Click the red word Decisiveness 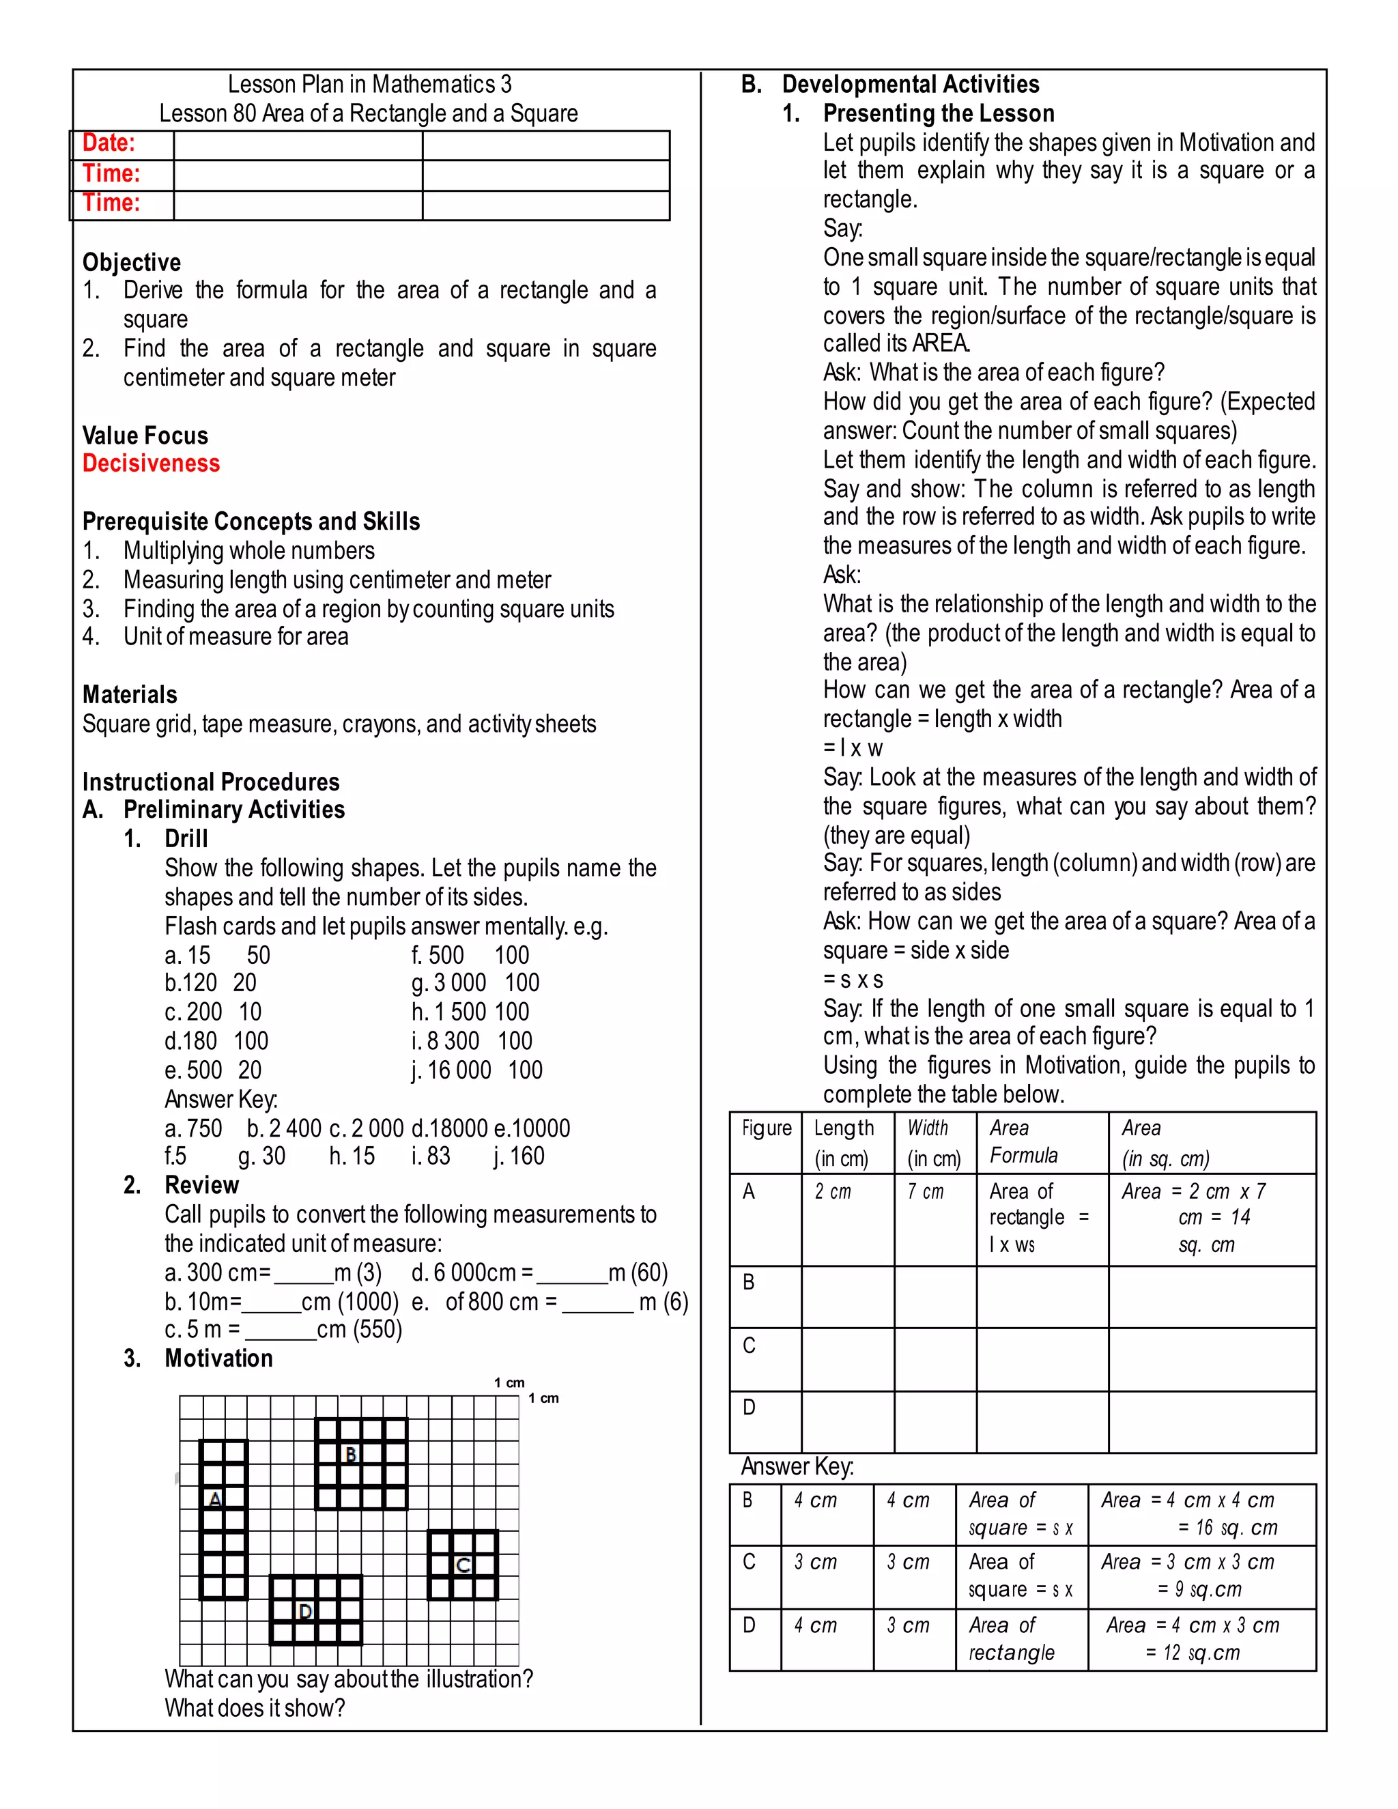point(151,463)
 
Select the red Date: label point(109,143)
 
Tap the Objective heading point(132,263)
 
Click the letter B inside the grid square point(350,1455)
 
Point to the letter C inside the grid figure point(463,1565)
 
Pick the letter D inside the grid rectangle point(304,1611)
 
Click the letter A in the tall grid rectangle point(215,1499)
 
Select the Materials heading point(130,695)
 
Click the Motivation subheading point(218,1358)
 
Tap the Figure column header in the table point(766,1128)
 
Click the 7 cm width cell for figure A point(925,1191)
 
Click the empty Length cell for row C point(847,1359)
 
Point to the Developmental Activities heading point(910,85)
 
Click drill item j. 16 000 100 point(477,1070)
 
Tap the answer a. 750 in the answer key point(194,1128)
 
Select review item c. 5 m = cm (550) point(283,1329)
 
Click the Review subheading point(201,1185)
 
